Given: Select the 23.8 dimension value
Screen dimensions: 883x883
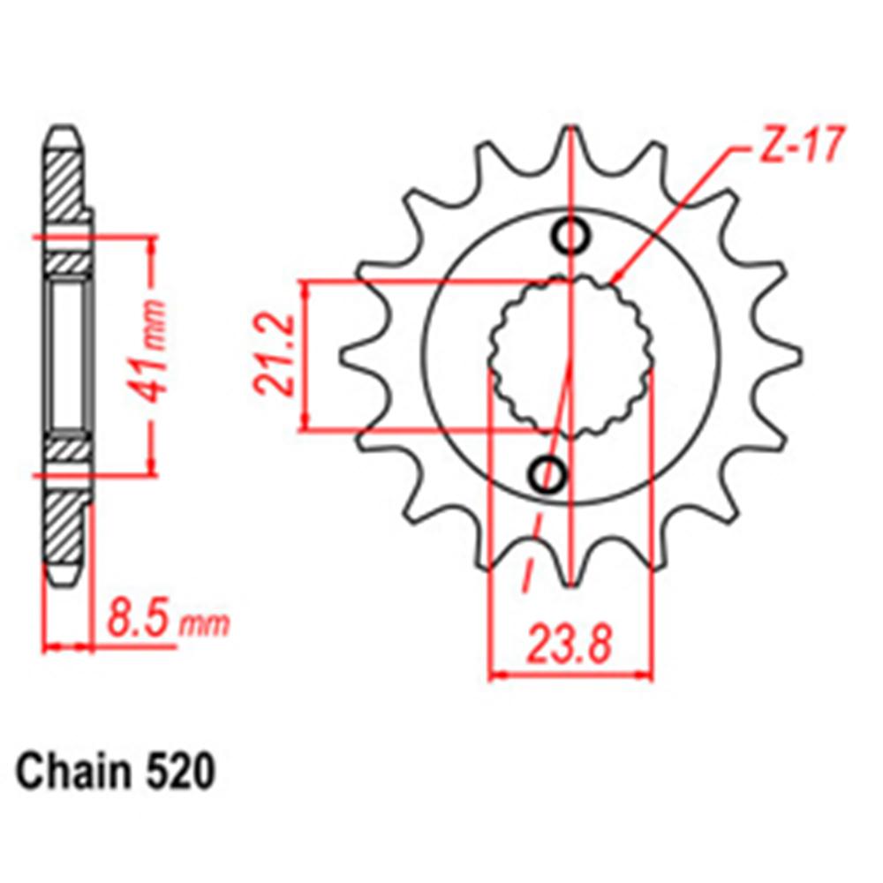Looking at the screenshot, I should (570, 645).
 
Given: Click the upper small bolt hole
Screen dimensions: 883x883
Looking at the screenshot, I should (570, 236).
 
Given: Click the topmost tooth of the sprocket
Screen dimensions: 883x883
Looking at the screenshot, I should (570, 141).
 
